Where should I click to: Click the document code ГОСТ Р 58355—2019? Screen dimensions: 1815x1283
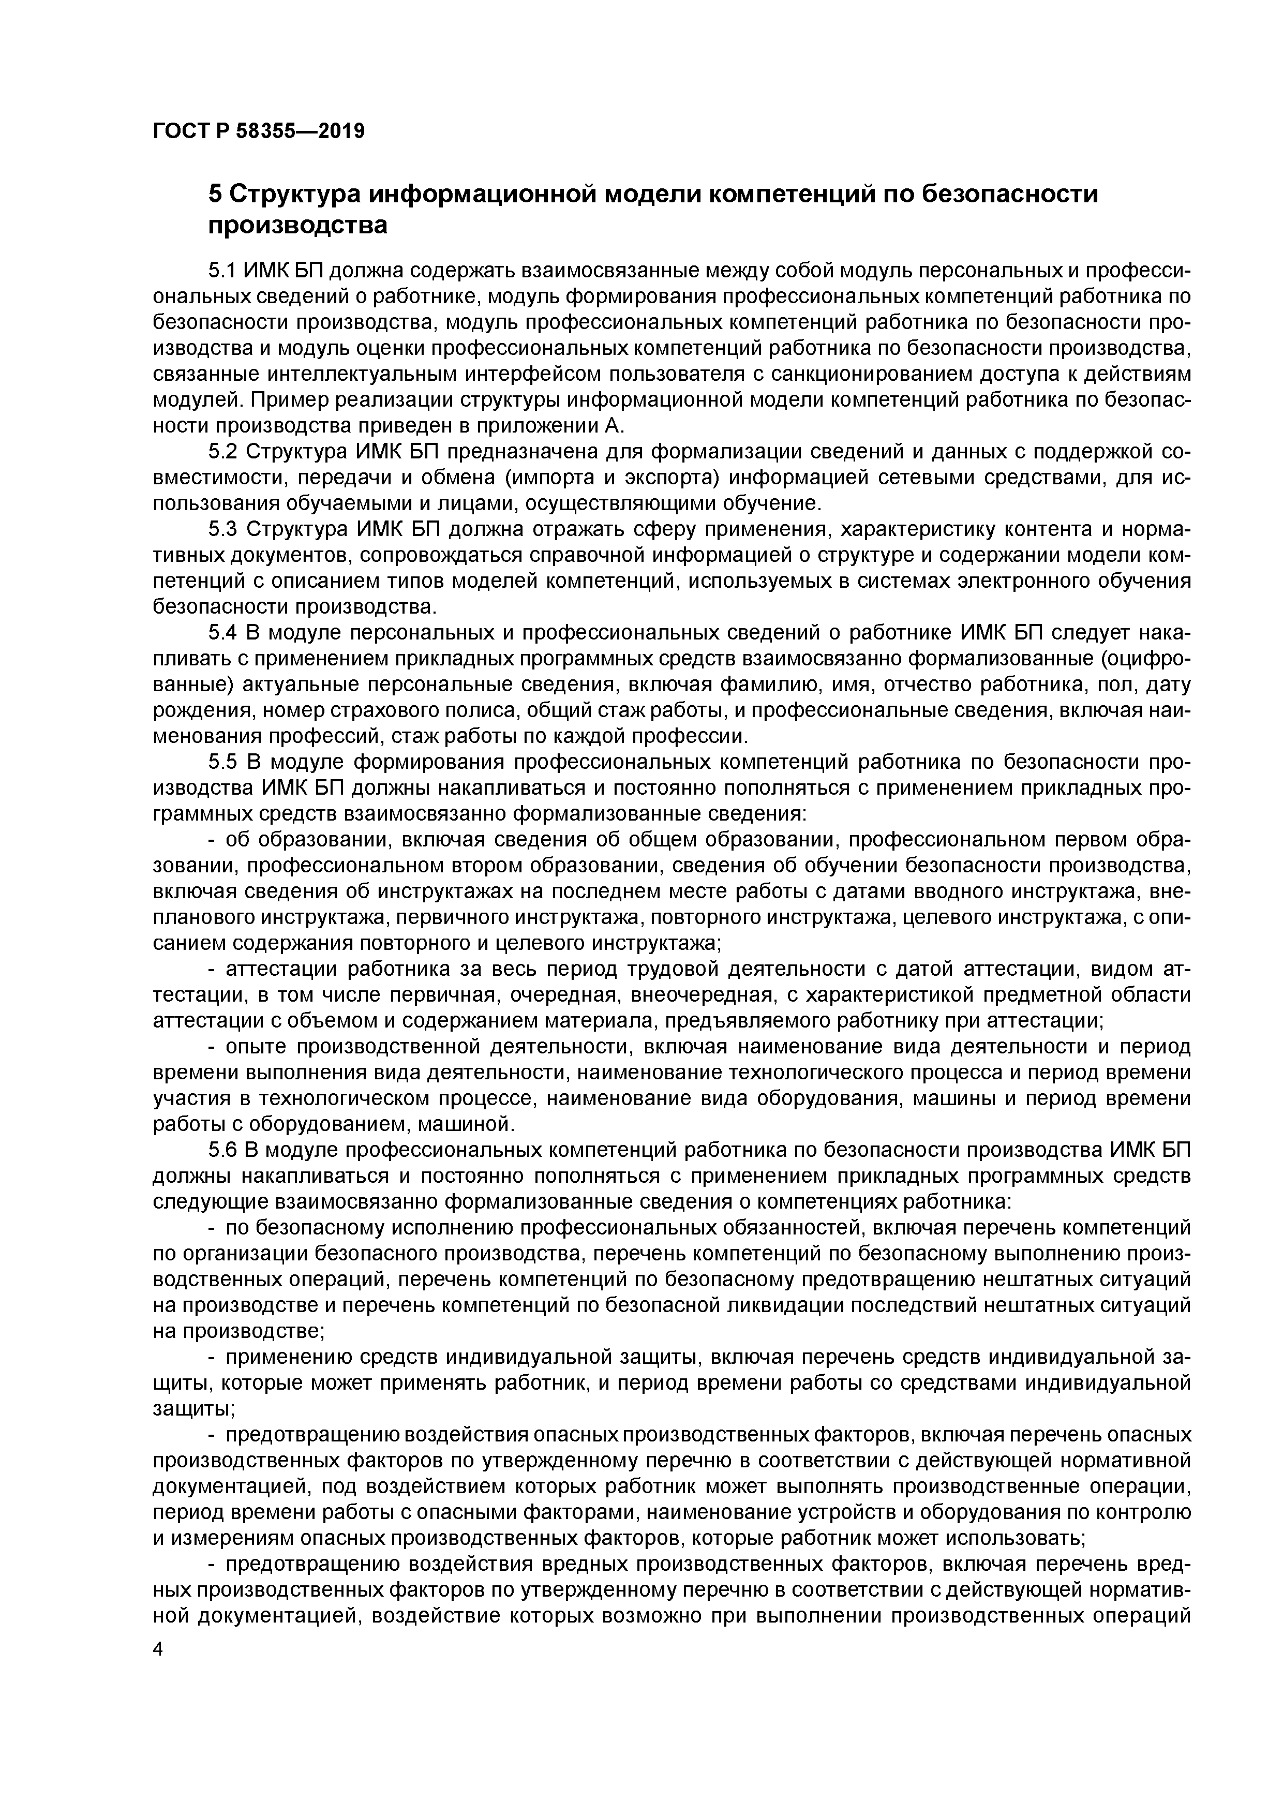(x=259, y=130)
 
